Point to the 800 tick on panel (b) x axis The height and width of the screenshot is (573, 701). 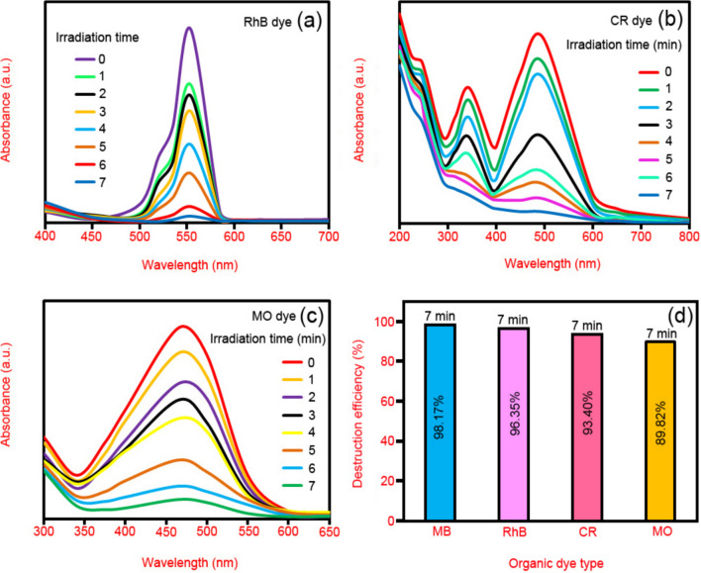(x=688, y=239)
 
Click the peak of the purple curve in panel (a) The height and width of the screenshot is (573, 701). (x=188, y=28)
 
